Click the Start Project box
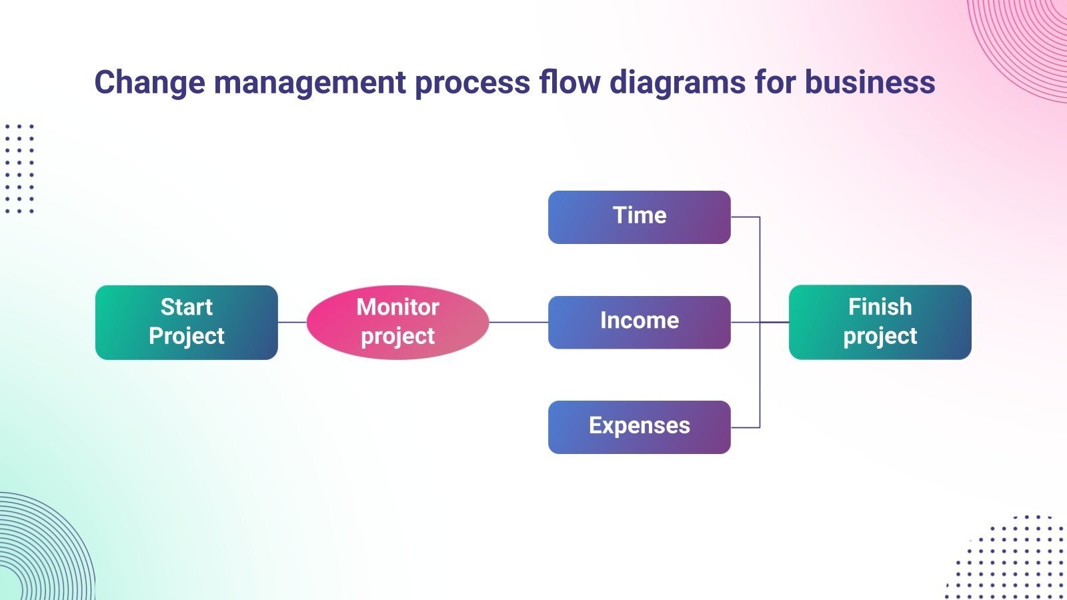[186, 323]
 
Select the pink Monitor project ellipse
[397, 323]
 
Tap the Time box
[639, 217]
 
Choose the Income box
[639, 322]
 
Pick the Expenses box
[639, 427]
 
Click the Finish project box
[880, 323]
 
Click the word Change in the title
[149, 83]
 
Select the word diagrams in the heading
[678, 83]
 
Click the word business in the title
[870, 83]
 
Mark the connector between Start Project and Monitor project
[292, 322]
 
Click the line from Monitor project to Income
[519, 322]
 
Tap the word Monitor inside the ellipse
[397, 307]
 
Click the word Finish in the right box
[880, 307]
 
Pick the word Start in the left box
[186, 307]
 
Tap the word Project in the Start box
[186, 336]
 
